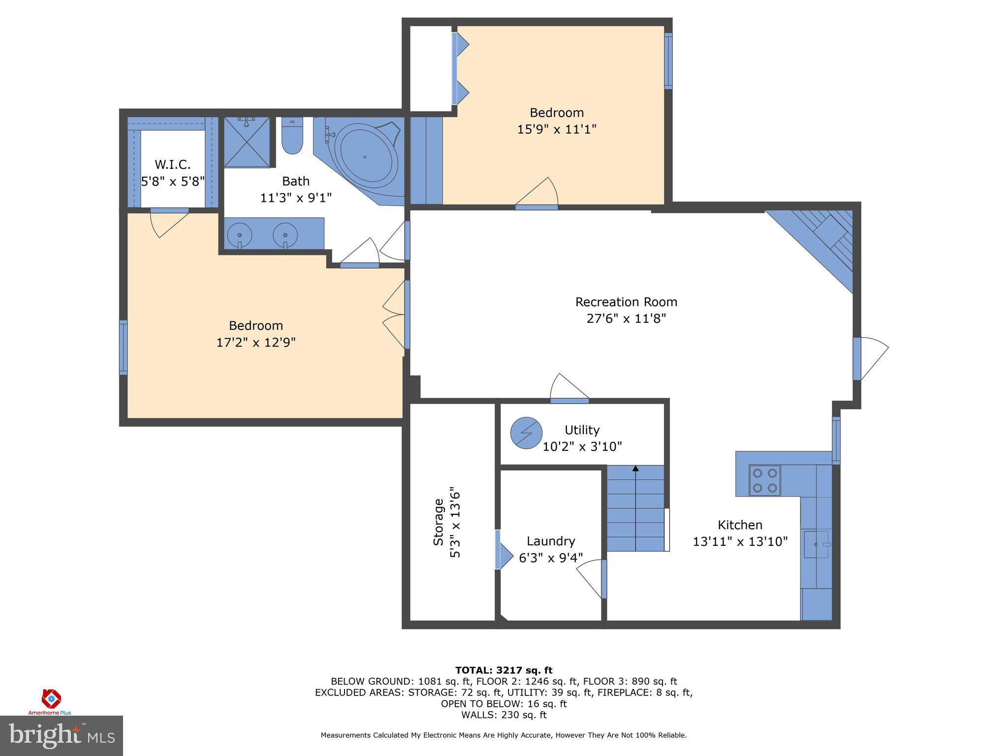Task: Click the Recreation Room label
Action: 626,302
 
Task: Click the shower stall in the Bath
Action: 247,142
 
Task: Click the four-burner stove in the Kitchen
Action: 764,480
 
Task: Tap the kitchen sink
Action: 816,544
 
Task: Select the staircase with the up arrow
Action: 635,508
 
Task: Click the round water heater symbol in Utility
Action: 526,433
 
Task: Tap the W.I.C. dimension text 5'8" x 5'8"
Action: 173,182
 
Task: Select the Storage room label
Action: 438,522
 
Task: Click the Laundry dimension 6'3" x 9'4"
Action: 551,558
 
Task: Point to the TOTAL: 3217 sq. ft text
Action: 504,670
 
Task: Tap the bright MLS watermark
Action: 62,735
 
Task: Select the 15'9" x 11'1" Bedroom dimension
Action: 557,129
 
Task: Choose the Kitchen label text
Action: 740,525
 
